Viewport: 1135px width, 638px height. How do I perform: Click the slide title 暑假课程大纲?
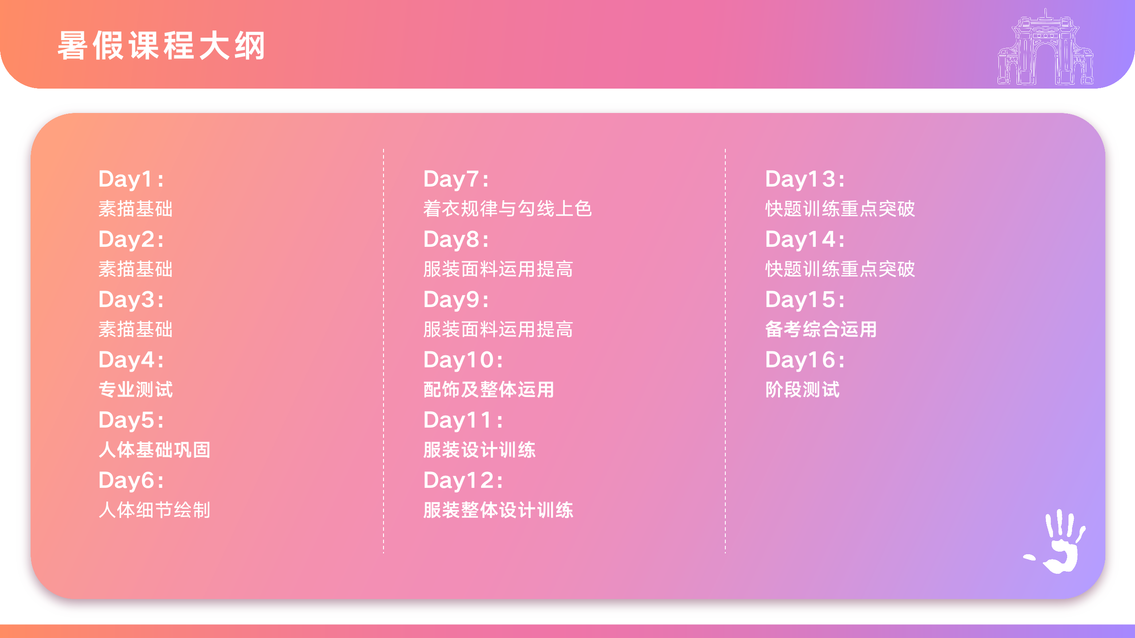161,45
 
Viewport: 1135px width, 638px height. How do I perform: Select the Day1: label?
131,179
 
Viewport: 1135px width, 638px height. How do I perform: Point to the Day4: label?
131,360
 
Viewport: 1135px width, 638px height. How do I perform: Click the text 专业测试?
136,389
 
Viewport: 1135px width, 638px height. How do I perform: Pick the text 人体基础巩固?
154,450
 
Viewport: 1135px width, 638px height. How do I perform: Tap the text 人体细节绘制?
154,510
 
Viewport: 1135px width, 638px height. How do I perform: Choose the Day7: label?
456,179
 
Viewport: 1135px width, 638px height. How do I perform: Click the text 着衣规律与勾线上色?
508,209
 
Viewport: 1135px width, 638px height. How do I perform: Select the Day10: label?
463,360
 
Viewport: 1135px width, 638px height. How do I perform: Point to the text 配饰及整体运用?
489,389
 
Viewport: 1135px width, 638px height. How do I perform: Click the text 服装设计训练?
479,450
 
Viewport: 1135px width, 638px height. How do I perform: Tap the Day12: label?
463,481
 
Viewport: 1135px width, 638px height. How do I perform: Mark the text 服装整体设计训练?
498,510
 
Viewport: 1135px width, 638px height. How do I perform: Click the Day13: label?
805,179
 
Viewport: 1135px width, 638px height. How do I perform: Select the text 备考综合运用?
821,329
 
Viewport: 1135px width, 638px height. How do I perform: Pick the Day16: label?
805,360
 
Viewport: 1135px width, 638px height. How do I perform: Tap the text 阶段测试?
802,389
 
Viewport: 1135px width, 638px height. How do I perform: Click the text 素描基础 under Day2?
136,269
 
